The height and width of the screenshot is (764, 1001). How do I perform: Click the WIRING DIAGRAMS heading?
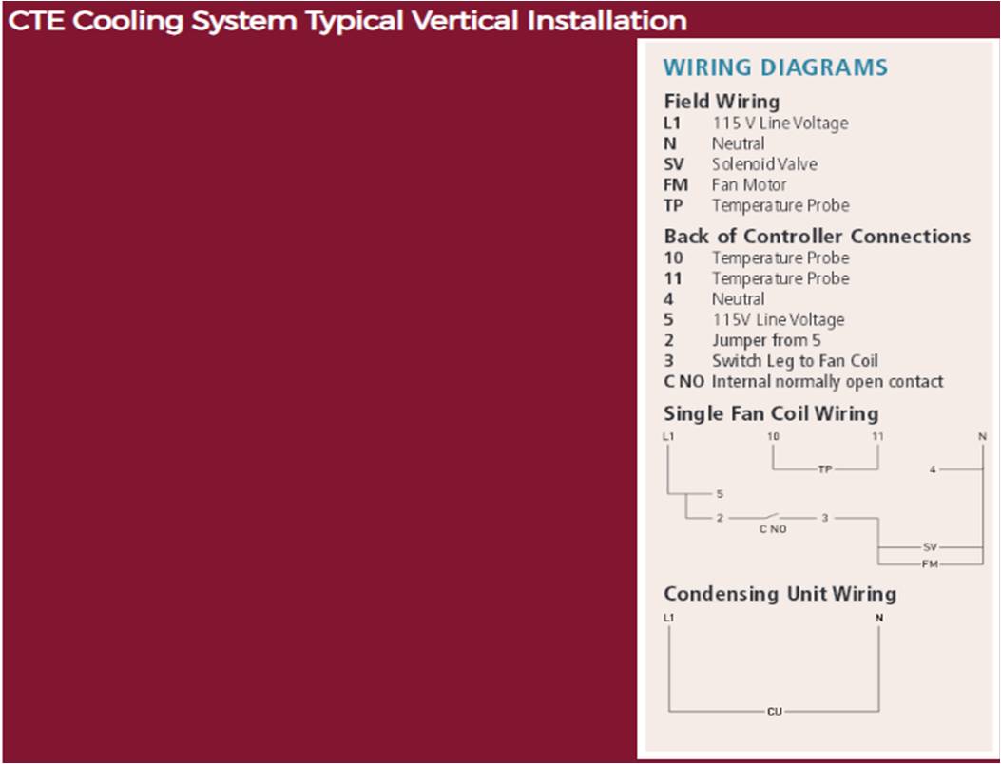point(775,67)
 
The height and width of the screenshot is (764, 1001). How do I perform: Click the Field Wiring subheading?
point(722,102)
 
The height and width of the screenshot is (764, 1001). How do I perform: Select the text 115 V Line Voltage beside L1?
point(780,123)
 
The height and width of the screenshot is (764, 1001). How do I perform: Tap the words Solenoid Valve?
point(764,164)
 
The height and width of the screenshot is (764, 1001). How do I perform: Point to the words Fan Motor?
point(749,184)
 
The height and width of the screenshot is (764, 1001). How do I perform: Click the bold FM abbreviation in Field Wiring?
point(676,185)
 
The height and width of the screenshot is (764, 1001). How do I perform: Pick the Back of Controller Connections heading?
point(818,237)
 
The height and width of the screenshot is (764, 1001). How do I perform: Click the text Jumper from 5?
point(766,340)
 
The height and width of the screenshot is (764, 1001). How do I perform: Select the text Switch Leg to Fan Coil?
point(795,360)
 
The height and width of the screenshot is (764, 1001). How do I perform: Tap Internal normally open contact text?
point(827,382)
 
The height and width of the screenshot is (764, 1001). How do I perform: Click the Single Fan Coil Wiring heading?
point(771,413)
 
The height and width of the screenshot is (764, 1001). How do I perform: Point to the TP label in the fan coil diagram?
point(825,469)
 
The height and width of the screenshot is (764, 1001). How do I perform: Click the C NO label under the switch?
point(773,529)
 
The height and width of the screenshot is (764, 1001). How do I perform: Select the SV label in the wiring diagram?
point(930,547)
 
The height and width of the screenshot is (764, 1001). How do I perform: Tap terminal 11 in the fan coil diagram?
point(877,436)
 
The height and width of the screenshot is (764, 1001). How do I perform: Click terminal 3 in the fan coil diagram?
point(825,518)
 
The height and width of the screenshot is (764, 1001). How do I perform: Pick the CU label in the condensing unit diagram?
point(775,711)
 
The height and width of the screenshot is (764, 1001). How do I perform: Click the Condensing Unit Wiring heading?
point(780,594)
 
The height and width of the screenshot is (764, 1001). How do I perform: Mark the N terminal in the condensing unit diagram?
point(879,618)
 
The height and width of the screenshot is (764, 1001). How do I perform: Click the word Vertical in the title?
point(465,21)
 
